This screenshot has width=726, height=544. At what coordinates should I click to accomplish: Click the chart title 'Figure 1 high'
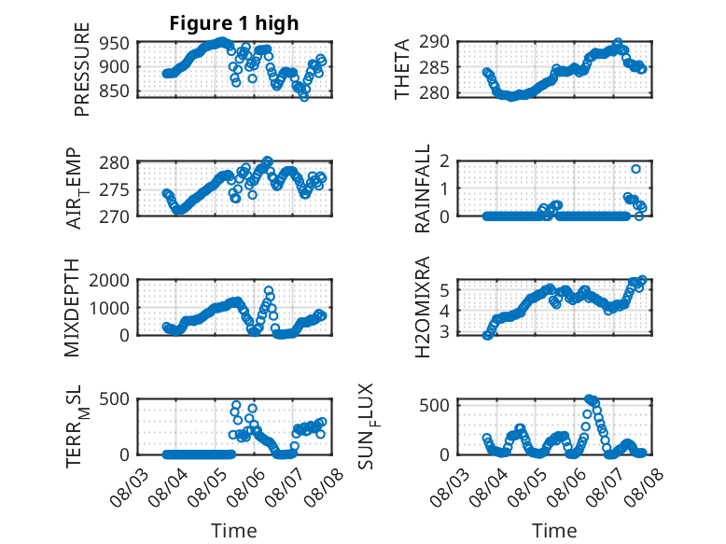[x=234, y=23]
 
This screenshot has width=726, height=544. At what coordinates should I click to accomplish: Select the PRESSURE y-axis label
[x=81, y=69]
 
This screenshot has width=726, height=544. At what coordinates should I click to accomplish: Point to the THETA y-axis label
[x=402, y=69]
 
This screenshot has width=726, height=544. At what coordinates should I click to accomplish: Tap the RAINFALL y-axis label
[x=423, y=188]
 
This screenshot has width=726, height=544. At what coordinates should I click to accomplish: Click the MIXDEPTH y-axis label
[x=72, y=308]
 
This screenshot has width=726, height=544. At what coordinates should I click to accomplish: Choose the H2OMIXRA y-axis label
[x=423, y=307]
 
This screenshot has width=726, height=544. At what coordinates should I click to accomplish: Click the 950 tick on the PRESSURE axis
[x=115, y=44]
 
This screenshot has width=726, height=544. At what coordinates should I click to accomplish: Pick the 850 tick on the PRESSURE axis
[x=115, y=91]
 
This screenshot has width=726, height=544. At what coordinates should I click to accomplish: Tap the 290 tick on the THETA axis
[x=435, y=42]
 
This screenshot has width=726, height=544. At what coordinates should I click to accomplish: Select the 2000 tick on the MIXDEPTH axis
[x=109, y=281]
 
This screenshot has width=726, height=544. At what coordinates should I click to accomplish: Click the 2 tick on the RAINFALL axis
[x=445, y=161]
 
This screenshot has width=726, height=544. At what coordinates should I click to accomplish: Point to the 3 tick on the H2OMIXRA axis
[x=445, y=332]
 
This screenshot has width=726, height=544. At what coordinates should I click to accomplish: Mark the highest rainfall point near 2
[x=635, y=169]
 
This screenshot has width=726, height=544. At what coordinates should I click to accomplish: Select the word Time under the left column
[x=234, y=531]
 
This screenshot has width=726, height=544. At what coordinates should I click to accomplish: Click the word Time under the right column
[x=554, y=531]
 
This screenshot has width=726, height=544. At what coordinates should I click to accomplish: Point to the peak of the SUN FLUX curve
[x=589, y=398]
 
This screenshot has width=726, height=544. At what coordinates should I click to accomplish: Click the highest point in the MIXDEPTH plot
[x=269, y=290]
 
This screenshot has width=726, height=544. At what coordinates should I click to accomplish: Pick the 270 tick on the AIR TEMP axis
[x=115, y=216]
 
